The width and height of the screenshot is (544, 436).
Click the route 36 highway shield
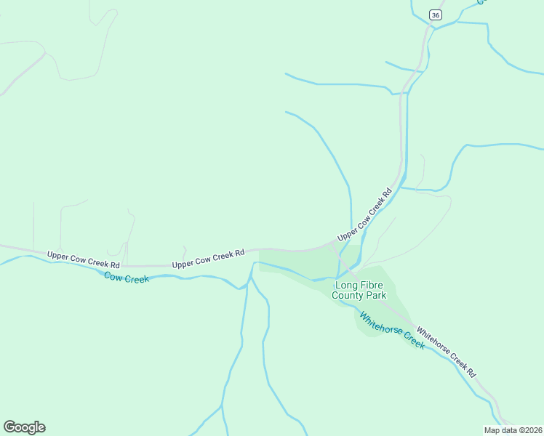435,15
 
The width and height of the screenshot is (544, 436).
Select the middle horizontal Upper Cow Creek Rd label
208,259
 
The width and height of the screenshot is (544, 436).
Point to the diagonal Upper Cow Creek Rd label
364,216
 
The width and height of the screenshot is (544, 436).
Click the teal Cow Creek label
127,277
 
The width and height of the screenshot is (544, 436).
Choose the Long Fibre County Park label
359,291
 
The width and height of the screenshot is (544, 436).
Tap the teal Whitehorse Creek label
392,331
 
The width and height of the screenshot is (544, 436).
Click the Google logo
24,427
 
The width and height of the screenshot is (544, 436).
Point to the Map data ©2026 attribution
513,430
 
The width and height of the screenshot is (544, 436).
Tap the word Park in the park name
375,296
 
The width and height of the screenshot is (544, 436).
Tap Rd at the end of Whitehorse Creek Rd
471,372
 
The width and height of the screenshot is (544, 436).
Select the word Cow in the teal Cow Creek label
113,275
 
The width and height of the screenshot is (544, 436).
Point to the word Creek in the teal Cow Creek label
136,278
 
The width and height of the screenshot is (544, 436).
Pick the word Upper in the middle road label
183,262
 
